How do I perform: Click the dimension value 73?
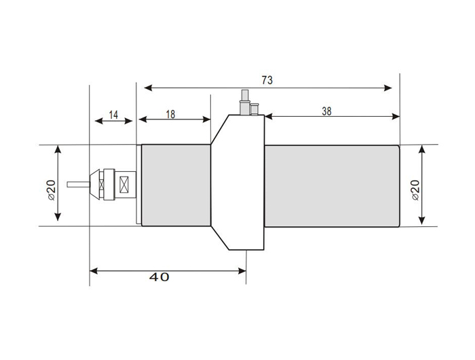click(x=267, y=79)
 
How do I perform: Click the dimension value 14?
click(x=113, y=115)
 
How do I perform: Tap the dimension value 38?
click(x=326, y=112)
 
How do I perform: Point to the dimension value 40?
click(x=160, y=277)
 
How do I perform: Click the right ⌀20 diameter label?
click(x=415, y=185)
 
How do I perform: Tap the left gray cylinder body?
click(x=176, y=185)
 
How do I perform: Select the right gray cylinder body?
click(x=331, y=185)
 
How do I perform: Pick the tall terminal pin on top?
click(x=243, y=101)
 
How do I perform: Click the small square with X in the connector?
click(x=124, y=184)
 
